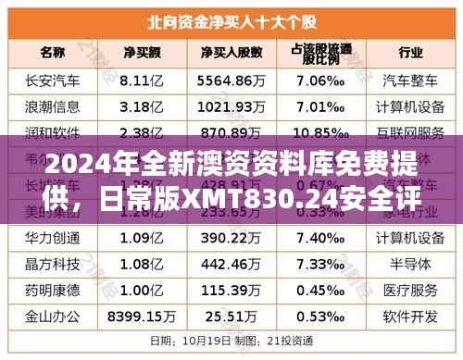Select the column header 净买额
(144, 50)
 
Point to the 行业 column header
(405, 50)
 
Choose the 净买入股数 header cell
(231, 50)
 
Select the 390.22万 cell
(231, 239)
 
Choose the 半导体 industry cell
(405, 265)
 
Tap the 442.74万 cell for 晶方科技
(231, 265)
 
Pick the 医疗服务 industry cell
(405, 291)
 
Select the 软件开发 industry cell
(405, 317)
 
